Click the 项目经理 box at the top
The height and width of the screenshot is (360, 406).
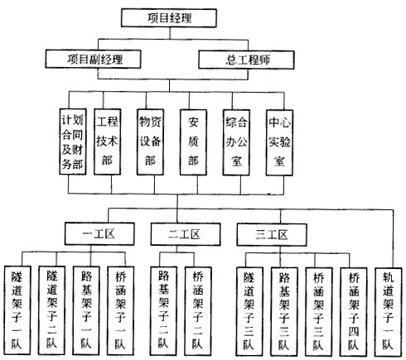coord(169,18)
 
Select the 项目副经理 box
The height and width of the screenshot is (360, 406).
coord(93,59)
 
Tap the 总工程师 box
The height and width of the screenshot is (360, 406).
coord(246,60)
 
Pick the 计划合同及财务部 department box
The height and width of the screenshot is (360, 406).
coord(73,142)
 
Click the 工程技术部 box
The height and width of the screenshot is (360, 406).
coord(108,142)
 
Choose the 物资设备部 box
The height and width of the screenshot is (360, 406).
coord(150,142)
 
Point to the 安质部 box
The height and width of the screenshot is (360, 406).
coord(193,142)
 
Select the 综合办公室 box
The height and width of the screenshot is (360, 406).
coord(236,142)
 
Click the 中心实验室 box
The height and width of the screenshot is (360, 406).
coord(279,143)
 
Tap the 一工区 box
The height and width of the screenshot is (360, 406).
coord(99,234)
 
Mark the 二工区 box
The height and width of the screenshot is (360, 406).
coord(186,234)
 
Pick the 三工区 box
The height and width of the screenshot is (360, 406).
coord(272,235)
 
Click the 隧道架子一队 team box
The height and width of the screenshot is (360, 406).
coord(17,310)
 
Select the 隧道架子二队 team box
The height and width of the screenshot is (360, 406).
coord(52,310)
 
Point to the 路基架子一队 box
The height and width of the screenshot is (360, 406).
coord(86,310)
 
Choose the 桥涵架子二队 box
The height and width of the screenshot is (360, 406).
coord(198,311)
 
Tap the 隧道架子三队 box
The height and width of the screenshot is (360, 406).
coord(249,312)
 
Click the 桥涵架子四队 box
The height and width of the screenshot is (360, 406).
coord(354,312)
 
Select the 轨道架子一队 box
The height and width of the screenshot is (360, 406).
coord(388,312)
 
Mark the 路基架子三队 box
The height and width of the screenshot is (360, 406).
coord(284,312)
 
